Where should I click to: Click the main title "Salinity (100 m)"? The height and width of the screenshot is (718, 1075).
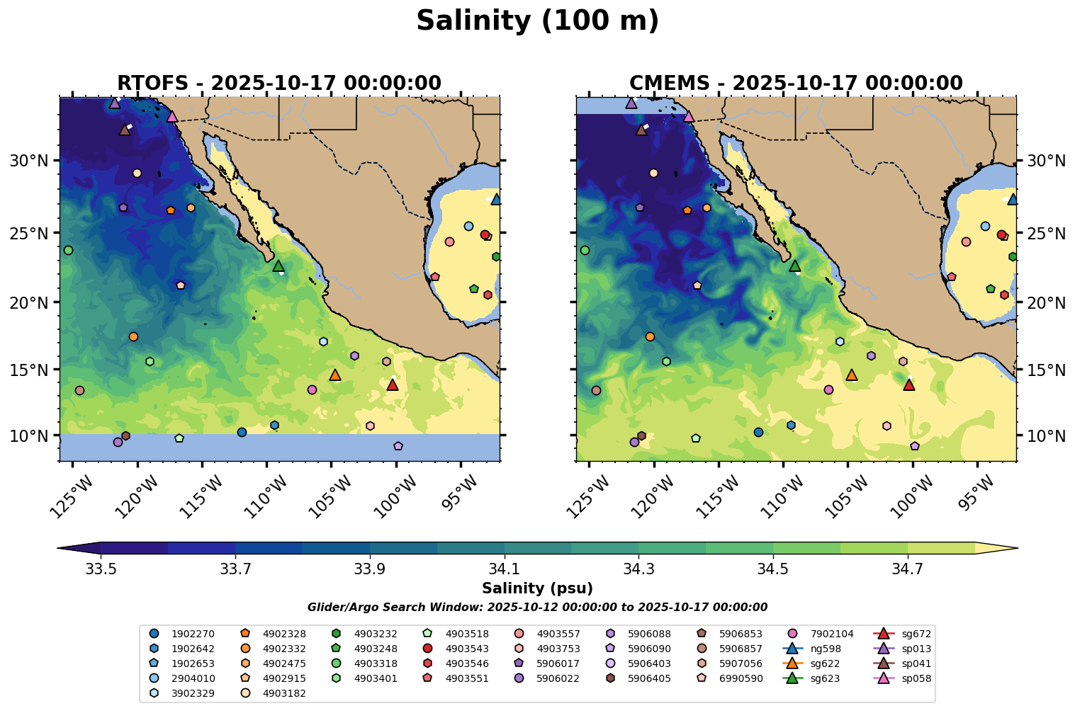coord(537,21)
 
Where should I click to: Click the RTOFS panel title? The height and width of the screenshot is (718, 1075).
coord(278,84)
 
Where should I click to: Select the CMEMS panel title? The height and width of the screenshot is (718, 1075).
coord(795,84)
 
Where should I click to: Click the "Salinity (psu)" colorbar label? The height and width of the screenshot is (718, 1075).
coord(537,588)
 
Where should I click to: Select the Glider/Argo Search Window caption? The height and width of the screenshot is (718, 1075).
coord(537,608)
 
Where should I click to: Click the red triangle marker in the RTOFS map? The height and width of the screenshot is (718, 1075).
coord(393,384)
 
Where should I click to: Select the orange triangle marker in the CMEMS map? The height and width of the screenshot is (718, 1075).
coord(852,375)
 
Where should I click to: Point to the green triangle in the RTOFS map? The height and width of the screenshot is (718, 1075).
coord(278,266)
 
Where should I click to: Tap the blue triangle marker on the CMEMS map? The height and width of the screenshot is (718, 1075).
coord(1013,200)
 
